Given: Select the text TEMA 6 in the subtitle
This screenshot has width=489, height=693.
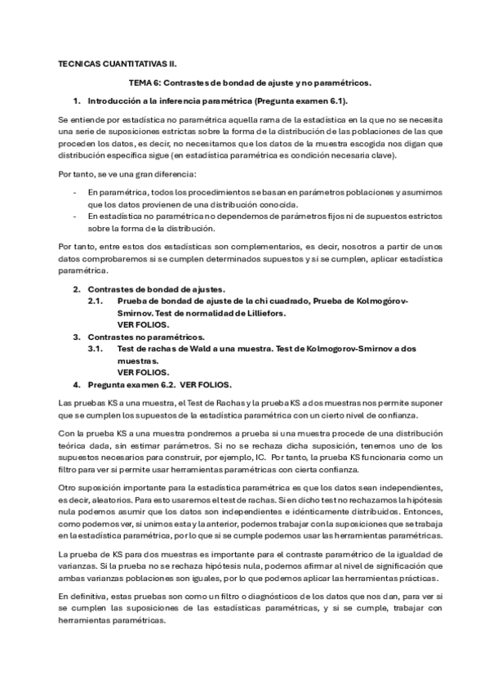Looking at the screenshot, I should pyautogui.click(x=145, y=82).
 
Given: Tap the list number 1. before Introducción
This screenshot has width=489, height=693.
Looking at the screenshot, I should pyautogui.click(x=78, y=100).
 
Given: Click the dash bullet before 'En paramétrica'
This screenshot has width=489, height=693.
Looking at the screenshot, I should pyautogui.click(x=75, y=192).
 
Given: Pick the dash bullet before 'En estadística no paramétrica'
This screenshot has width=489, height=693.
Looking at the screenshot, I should pyautogui.click(x=75, y=216).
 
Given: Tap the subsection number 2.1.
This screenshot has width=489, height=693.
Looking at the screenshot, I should pyautogui.click(x=96, y=301).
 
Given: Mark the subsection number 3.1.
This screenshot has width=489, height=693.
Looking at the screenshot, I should pyautogui.click(x=96, y=347).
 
